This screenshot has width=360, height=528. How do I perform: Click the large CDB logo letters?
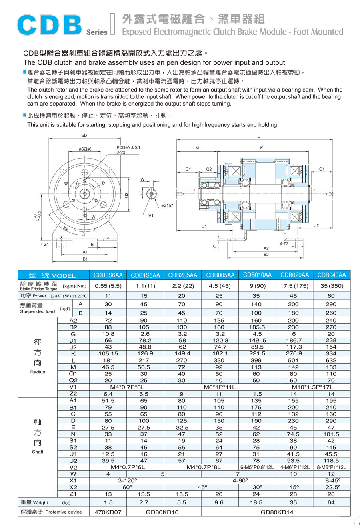click(50, 25)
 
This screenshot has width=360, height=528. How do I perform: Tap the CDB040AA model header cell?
click(331, 275)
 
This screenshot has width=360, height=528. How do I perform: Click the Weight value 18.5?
click(256, 502)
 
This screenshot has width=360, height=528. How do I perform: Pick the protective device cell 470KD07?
click(108, 512)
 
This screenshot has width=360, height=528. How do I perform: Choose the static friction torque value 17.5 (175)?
click(294, 286)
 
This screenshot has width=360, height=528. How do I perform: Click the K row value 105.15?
click(108, 354)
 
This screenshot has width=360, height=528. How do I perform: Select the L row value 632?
click(331, 360)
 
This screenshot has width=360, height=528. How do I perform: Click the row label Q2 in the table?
click(73, 380)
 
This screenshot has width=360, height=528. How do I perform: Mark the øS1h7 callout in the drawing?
click(167, 205)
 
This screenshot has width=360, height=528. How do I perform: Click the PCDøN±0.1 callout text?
click(128, 147)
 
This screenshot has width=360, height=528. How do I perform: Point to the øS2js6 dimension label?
click(85, 149)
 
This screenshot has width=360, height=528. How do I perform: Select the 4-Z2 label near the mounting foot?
click(284, 243)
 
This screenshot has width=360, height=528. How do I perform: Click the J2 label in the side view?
click(316, 226)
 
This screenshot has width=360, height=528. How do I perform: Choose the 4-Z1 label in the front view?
click(44, 244)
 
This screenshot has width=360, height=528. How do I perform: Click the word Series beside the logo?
click(97, 32)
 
